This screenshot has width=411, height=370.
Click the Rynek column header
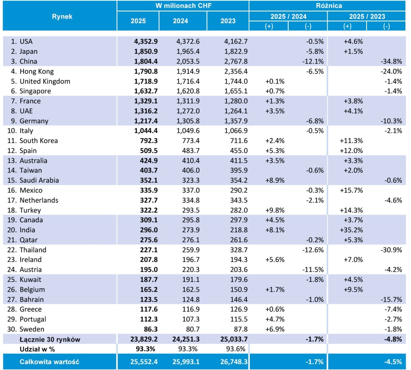[62, 16]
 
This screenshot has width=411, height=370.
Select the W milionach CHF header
[184, 6]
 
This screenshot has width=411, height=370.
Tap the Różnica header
[329, 6]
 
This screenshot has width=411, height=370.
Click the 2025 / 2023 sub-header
[367, 16]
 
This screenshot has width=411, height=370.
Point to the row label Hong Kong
[37, 71]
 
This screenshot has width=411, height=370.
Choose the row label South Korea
[38, 141]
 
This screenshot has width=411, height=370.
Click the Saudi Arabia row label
[39, 180]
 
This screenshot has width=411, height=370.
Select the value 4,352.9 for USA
[146, 41]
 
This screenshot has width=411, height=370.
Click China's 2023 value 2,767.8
[236, 61]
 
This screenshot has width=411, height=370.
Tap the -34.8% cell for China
[391, 61]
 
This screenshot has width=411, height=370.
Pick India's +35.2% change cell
[351, 230]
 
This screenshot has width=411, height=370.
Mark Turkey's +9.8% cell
[275, 210]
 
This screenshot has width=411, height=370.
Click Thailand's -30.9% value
[391, 250]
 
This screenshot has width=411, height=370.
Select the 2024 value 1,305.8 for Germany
[188, 121]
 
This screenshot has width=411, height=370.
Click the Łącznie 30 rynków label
[50, 339]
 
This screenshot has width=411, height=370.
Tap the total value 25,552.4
[144, 362]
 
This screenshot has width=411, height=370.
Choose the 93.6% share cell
[236, 349]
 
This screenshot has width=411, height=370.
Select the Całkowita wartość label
[49, 362]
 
